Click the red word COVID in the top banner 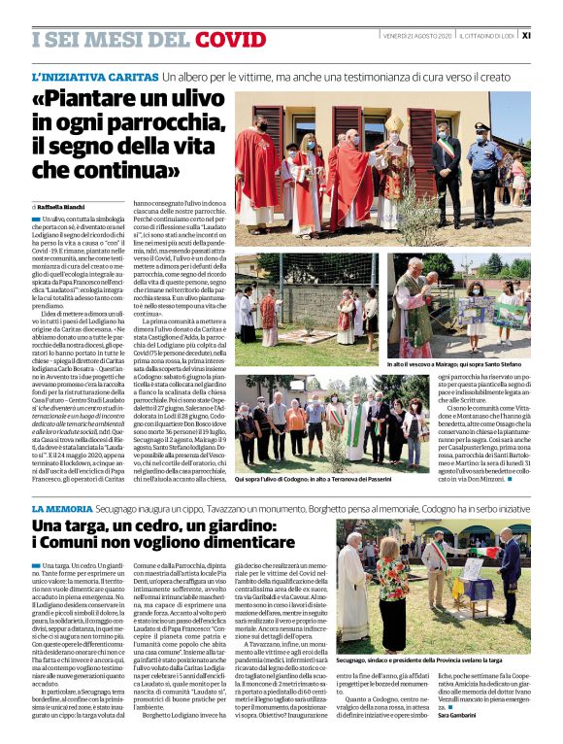coord(230,39)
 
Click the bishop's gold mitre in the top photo coord(394,123)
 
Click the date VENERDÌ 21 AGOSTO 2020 coord(418,35)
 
